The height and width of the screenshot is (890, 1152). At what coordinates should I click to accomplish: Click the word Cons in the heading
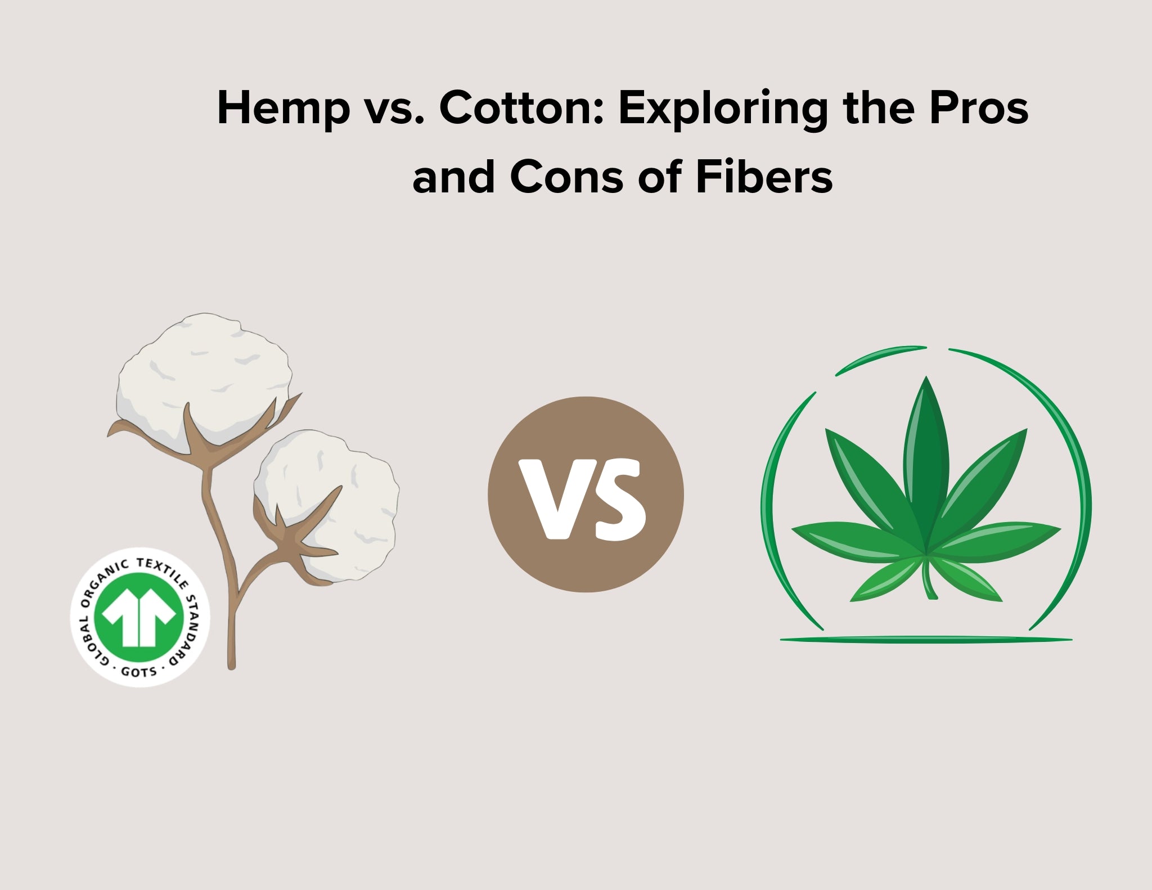point(568,177)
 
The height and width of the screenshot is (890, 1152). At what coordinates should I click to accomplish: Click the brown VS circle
point(586,495)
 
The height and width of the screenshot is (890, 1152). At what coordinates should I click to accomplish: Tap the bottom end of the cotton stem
point(231,667)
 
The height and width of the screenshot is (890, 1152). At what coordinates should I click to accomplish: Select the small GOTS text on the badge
point(139,671)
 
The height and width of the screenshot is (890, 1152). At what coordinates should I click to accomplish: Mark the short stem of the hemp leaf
point(929,579)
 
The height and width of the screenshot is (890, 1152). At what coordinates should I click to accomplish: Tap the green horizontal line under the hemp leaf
point(926,640)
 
